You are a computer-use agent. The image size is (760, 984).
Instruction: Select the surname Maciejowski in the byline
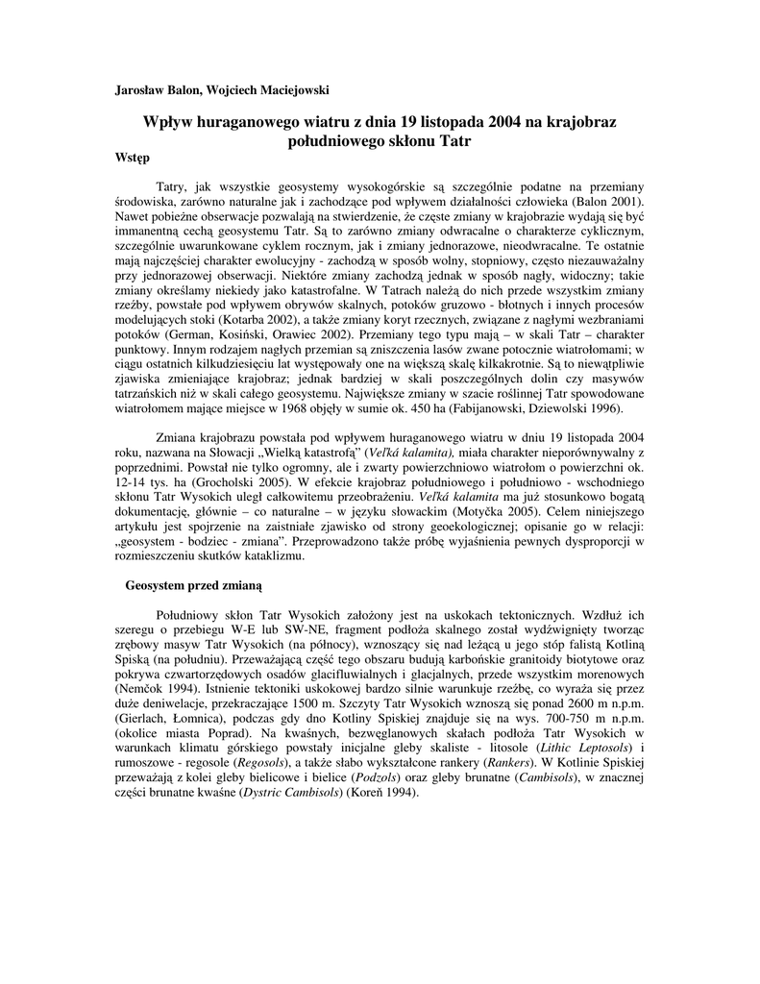coord(289,90)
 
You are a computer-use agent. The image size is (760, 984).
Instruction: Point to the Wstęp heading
coord(132,157)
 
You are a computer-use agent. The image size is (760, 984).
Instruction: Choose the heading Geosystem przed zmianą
coord(193,584)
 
